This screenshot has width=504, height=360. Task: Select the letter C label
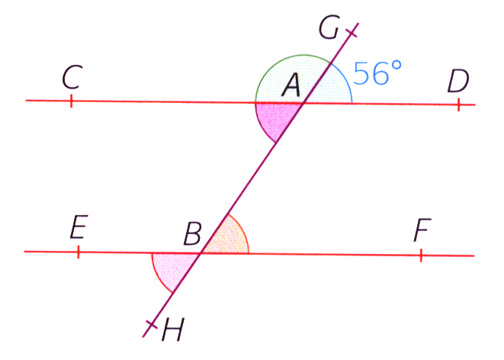[72, 76]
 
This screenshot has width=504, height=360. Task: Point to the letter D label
[458, 79]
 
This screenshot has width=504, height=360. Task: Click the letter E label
[78, 228]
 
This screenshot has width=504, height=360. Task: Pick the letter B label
[193, 233]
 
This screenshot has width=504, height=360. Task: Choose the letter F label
[422, 229]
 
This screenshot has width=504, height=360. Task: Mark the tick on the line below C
[71, 101]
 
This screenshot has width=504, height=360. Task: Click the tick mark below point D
[458, 104]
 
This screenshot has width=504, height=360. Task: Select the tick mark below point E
[78, 251]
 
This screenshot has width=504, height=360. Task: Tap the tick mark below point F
[420, 255]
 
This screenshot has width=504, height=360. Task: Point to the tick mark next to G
[352, 32]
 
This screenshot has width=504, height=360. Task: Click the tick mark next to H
[150, 326]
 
